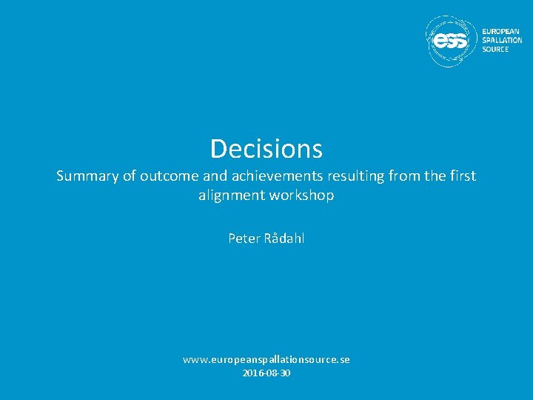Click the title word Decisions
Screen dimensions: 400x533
coord(266,149)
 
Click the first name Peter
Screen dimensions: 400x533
coord(243,239)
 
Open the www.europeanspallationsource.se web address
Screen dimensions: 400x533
coord(266,359)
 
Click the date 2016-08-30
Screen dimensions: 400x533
coord(266,373)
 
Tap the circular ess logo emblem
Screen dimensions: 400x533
coord(452,41)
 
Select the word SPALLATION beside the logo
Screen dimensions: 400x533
coord(502,40)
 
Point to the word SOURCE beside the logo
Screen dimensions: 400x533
coord(495,49)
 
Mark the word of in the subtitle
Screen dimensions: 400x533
coord(129,176)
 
